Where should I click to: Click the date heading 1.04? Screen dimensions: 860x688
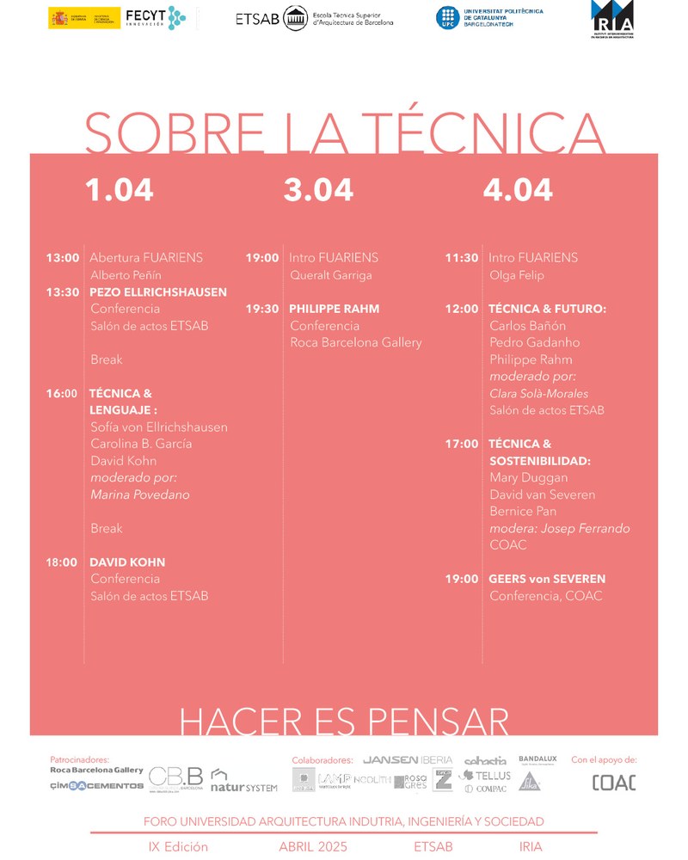coord(120,190)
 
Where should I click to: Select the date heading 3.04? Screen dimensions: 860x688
coord(318,190)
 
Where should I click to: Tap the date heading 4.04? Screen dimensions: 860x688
coord(518,190)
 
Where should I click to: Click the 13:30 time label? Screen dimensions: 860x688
coord(63,292)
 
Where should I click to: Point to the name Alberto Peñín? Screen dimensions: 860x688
coord(126,275)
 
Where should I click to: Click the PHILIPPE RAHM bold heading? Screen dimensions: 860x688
coord(335,309)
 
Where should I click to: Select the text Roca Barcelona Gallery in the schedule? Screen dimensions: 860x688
coord(356,342)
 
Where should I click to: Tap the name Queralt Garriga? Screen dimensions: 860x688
coord(331,275)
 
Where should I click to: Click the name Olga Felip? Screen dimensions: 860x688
coord(517,275)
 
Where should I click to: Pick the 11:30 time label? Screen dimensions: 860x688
coord(462,258)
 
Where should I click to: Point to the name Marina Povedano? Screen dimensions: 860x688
coord(139,494)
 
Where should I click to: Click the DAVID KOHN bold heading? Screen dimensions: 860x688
coord(127,562)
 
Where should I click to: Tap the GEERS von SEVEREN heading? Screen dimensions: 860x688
coord(547,580)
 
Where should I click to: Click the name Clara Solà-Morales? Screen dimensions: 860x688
coord(539,393)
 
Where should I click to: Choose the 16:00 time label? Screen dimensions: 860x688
coord(63,394)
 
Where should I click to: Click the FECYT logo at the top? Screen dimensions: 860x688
coord(155,17)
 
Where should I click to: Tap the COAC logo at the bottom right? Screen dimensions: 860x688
coord(614,783)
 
